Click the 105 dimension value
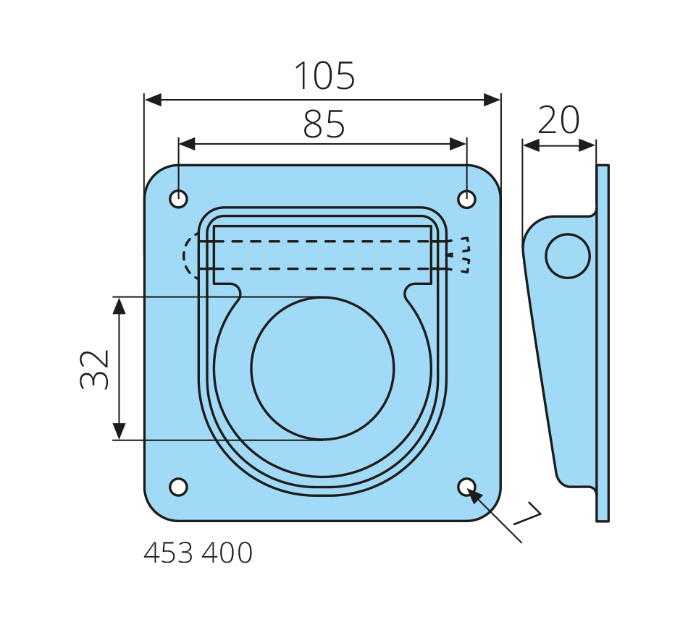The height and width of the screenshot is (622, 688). (324, 75)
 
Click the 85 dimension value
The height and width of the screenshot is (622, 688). (324, 124)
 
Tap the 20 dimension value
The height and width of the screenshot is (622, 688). (558, 119)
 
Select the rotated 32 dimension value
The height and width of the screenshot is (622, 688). (94, 370)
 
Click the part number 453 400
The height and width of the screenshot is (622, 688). (198, 553)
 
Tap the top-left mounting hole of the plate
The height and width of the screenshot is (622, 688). (179, 199)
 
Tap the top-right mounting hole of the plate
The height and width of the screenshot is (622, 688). (466, 199)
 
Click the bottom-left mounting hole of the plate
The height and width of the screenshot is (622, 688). (179, 487)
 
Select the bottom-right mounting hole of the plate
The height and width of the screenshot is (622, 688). (466, 487)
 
